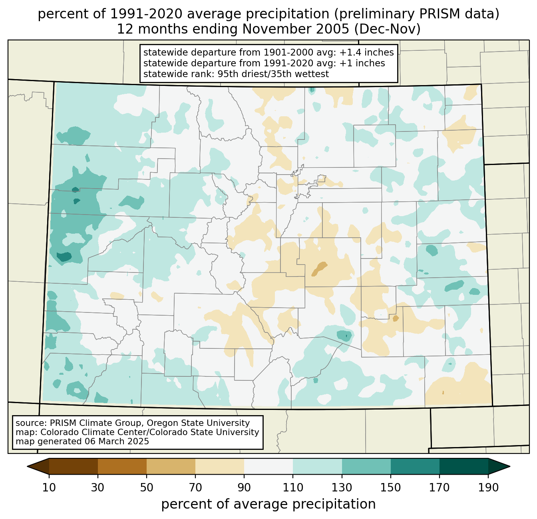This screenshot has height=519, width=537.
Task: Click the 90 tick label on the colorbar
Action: point(244,488)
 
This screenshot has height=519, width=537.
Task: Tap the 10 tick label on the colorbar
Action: point(49,488)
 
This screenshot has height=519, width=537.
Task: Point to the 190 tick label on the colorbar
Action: point(488,488)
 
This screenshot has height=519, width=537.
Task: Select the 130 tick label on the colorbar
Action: point(342,488)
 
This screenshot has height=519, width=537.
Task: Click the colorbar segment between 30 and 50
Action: point(122,466)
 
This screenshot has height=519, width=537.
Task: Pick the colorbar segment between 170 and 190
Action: point(463,466)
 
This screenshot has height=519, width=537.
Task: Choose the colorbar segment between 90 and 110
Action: point(268,466)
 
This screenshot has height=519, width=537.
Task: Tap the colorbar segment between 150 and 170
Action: point(415,466)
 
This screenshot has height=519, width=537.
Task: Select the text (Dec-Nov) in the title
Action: point(387,29)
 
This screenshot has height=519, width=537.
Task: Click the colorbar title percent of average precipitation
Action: point(268,504)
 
